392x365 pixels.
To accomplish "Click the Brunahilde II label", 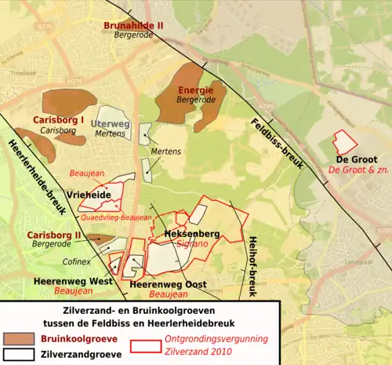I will pos(133,25).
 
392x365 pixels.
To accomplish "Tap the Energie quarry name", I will pos(194,91).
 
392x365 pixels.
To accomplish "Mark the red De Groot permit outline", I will pos(344,141).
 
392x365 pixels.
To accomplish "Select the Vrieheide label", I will pos(89,193).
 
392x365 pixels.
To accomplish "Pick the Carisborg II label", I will pos(55,235).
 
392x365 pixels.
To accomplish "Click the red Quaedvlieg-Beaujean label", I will pos(115,217).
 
